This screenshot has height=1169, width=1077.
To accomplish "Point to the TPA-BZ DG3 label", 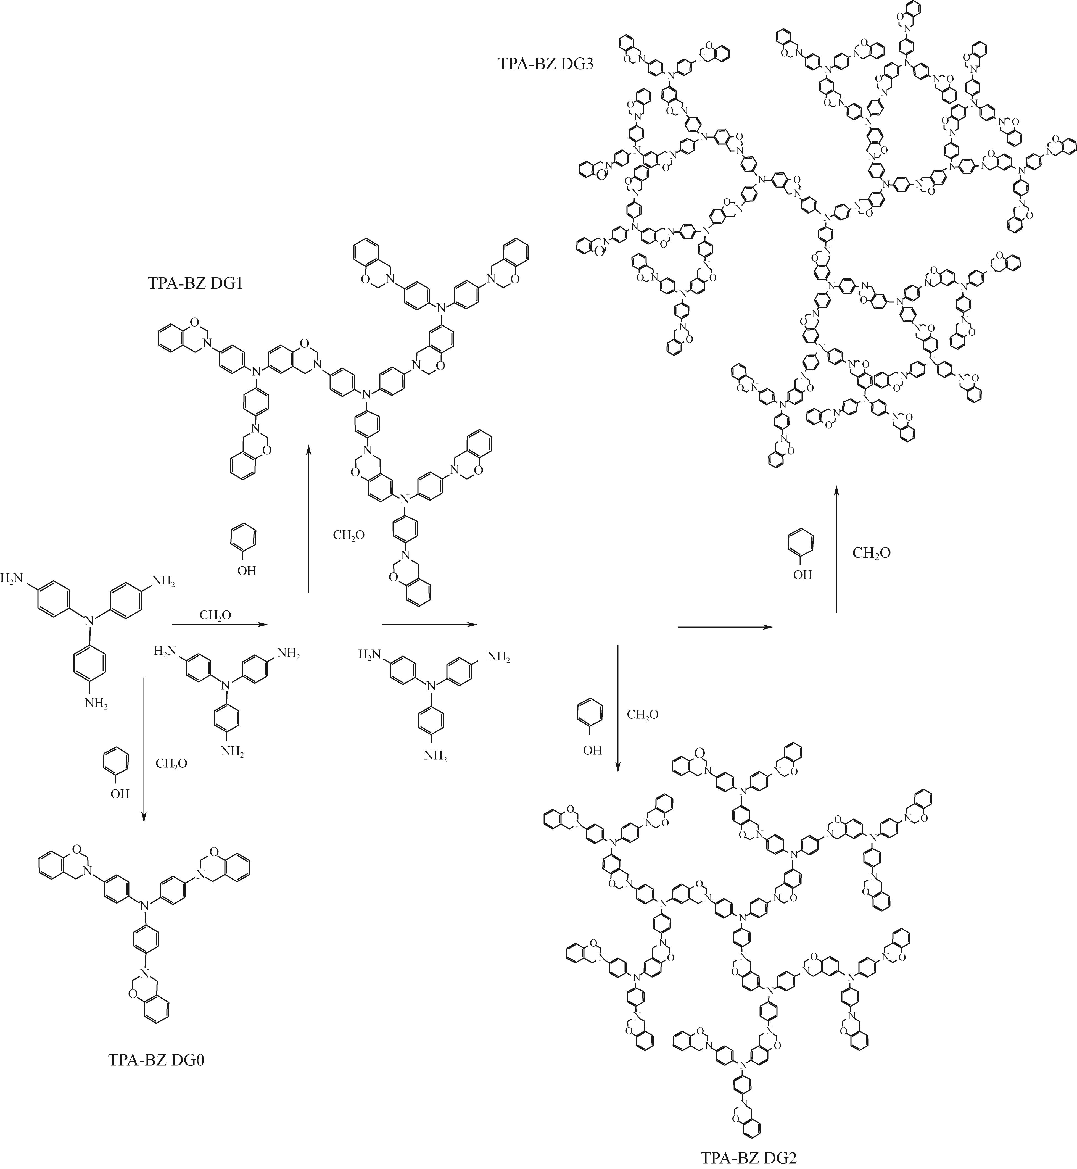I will pos(545,64).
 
